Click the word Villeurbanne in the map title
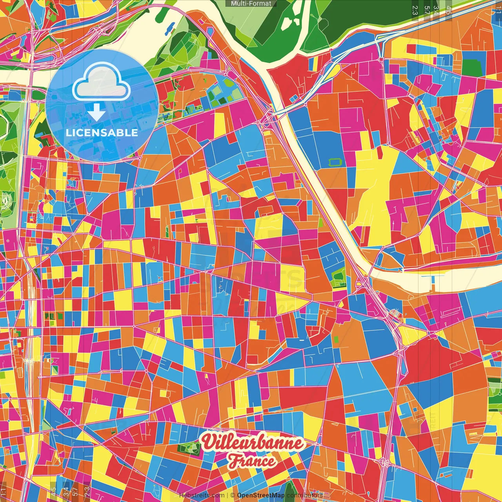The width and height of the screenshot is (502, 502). click(253, 443)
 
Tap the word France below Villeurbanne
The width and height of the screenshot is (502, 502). click(252, 461)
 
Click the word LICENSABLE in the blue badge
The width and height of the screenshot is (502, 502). click(102, 133)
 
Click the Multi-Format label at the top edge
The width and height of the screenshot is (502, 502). click(251, 4)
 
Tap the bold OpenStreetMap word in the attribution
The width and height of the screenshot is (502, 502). click(261, 495)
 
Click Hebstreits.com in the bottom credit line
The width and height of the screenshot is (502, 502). click(202, 495)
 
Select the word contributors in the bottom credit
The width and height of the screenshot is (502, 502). click(305, 495)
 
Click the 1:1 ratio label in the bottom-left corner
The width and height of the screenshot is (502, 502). click(4, 490)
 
